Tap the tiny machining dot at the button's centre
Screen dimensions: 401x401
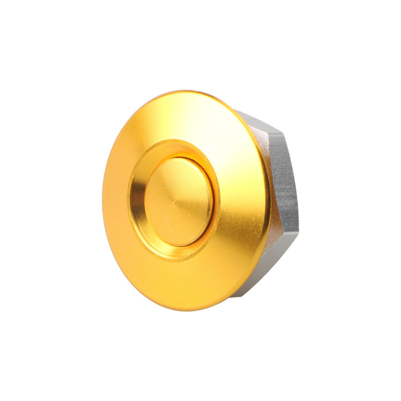pos(175,202)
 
